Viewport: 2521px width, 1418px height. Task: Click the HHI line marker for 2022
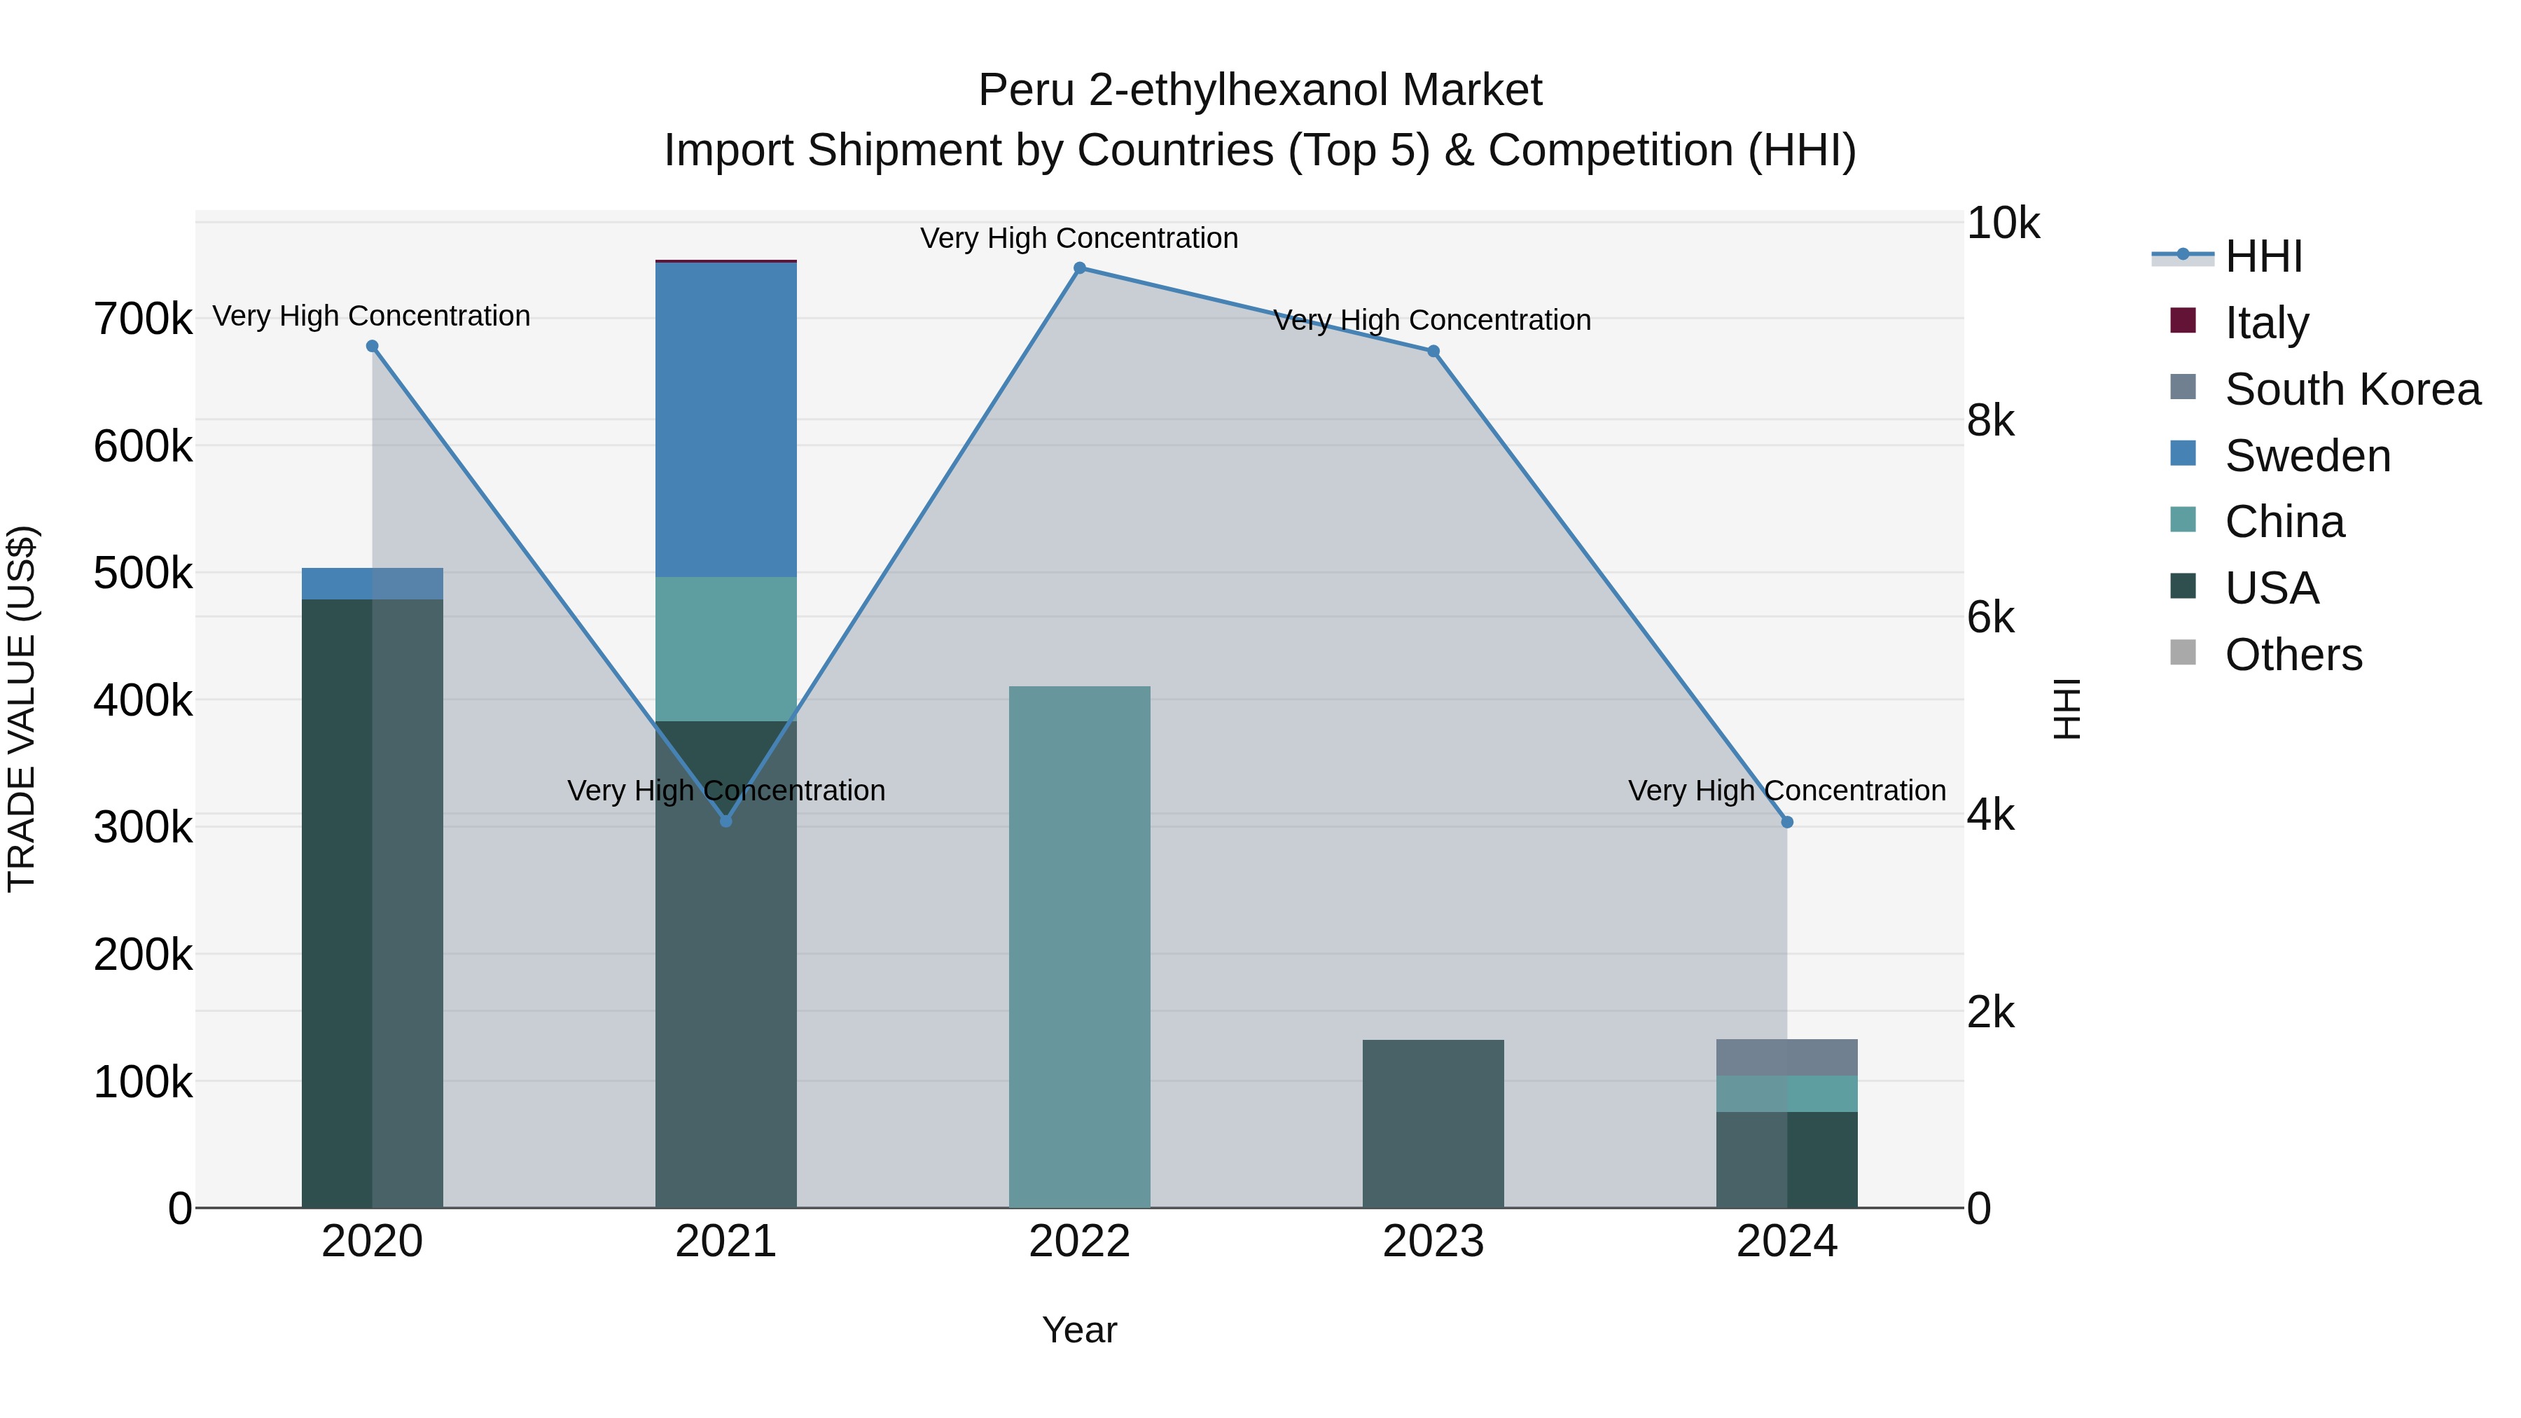tap(1079, 268)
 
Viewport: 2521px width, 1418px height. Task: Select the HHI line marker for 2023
tap(1433, 352)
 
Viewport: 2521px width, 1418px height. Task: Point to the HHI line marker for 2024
tap(1787, 822)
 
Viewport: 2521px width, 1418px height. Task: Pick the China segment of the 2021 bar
tap(725, 649)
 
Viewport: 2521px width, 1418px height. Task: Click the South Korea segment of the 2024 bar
tap(1787, 1057)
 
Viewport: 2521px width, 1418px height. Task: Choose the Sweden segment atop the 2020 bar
tap(372, 583)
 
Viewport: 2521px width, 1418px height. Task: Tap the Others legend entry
tap(2293, 655)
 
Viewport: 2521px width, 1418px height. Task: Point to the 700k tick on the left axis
tap(143, 319)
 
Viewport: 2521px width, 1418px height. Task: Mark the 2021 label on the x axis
tap(725, 1242)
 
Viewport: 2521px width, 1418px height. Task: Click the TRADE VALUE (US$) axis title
tap(22, 709)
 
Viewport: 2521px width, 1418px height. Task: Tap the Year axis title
tap(1079, 1330)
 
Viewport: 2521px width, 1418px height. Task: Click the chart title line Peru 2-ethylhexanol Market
tap(1260, 90)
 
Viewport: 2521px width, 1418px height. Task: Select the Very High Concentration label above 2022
tap(1079, 238)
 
